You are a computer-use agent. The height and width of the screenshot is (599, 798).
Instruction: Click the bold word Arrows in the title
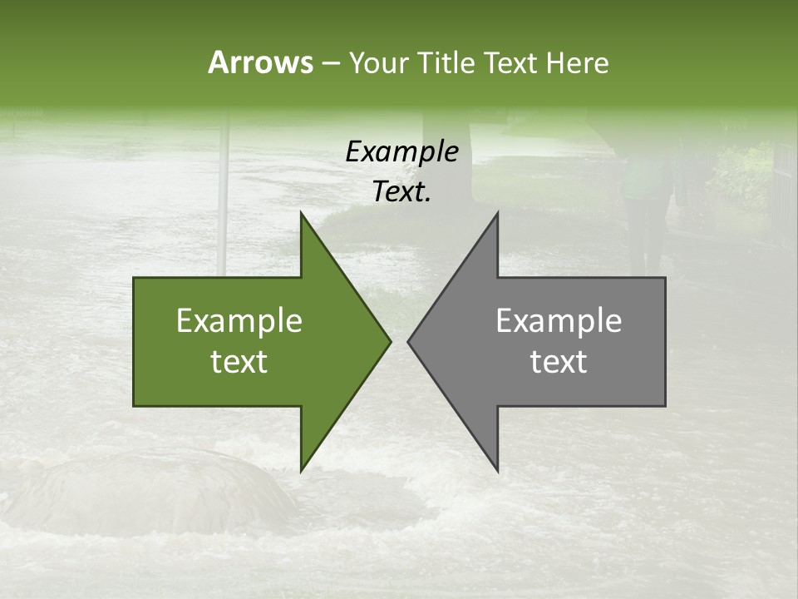(260, 62)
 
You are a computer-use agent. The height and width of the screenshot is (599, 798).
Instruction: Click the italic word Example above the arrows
(401, 151)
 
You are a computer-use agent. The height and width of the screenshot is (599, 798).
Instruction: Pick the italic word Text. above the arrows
(401, 192)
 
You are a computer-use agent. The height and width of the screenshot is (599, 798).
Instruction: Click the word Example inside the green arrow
(239, 321)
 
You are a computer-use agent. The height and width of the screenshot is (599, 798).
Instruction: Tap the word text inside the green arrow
(239, 362)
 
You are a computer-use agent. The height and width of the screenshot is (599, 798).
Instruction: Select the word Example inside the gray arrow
(559, 321)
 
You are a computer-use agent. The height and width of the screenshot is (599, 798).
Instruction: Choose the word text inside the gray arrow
(559, 362)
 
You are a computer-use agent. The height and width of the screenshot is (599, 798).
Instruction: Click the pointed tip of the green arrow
(390, 341)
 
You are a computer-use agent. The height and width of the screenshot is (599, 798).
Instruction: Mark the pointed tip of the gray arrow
(408, 341)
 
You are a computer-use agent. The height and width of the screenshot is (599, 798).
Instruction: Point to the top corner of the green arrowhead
(302, 213)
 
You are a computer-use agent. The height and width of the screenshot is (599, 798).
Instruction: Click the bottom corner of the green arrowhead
(302, 470)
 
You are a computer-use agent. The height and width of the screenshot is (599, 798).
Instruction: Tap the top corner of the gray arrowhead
(497, 213)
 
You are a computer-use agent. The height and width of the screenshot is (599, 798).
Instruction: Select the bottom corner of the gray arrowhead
(497, 470)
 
